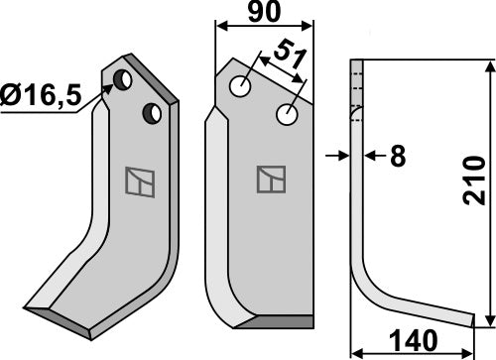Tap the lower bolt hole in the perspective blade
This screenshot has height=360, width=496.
[152, 112]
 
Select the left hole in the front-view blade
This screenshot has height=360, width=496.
[240, 87]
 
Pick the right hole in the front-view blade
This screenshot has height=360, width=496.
[288, 116]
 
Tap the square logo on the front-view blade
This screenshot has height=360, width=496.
[269, 180]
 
